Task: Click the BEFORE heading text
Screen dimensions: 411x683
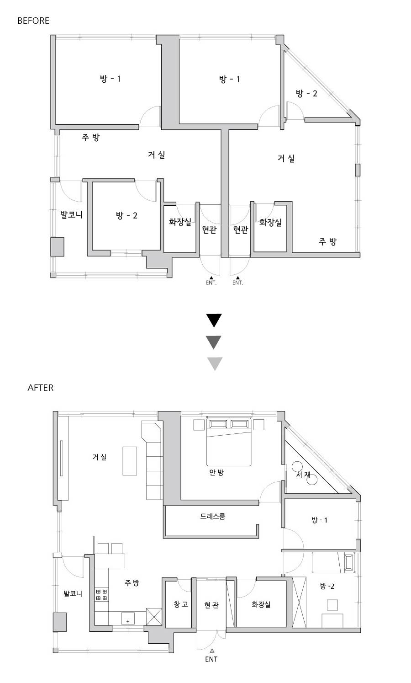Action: click(33, 21)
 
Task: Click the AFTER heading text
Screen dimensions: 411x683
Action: click(41, 388)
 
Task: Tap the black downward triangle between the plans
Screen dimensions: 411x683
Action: click(214, 320)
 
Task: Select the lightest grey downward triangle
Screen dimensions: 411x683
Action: click(215, 364)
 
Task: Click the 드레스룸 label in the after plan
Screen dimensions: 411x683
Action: click(213, 516)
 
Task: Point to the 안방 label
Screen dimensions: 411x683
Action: click(216, 472)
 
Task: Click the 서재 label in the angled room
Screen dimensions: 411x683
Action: click(303, 475)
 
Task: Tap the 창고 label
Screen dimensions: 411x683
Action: click(181, 604)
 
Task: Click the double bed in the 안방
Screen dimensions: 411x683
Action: click(229, 442)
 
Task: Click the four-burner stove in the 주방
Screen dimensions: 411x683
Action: click(102, 595)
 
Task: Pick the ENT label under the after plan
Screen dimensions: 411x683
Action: click(211, 659)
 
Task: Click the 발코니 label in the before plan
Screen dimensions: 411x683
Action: click(72, 215)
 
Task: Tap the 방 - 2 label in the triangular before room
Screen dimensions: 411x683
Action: click(306, 93)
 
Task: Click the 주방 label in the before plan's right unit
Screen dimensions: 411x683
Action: click(328, 242)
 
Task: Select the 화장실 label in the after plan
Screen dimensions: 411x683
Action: click(261, 604)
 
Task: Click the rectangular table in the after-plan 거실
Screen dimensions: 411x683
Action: click(130, 461)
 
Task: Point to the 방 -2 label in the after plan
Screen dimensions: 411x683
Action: click(327, 586)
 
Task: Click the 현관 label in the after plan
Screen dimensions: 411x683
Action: click(211, 605)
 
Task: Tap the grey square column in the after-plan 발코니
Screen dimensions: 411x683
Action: click(60, 622)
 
